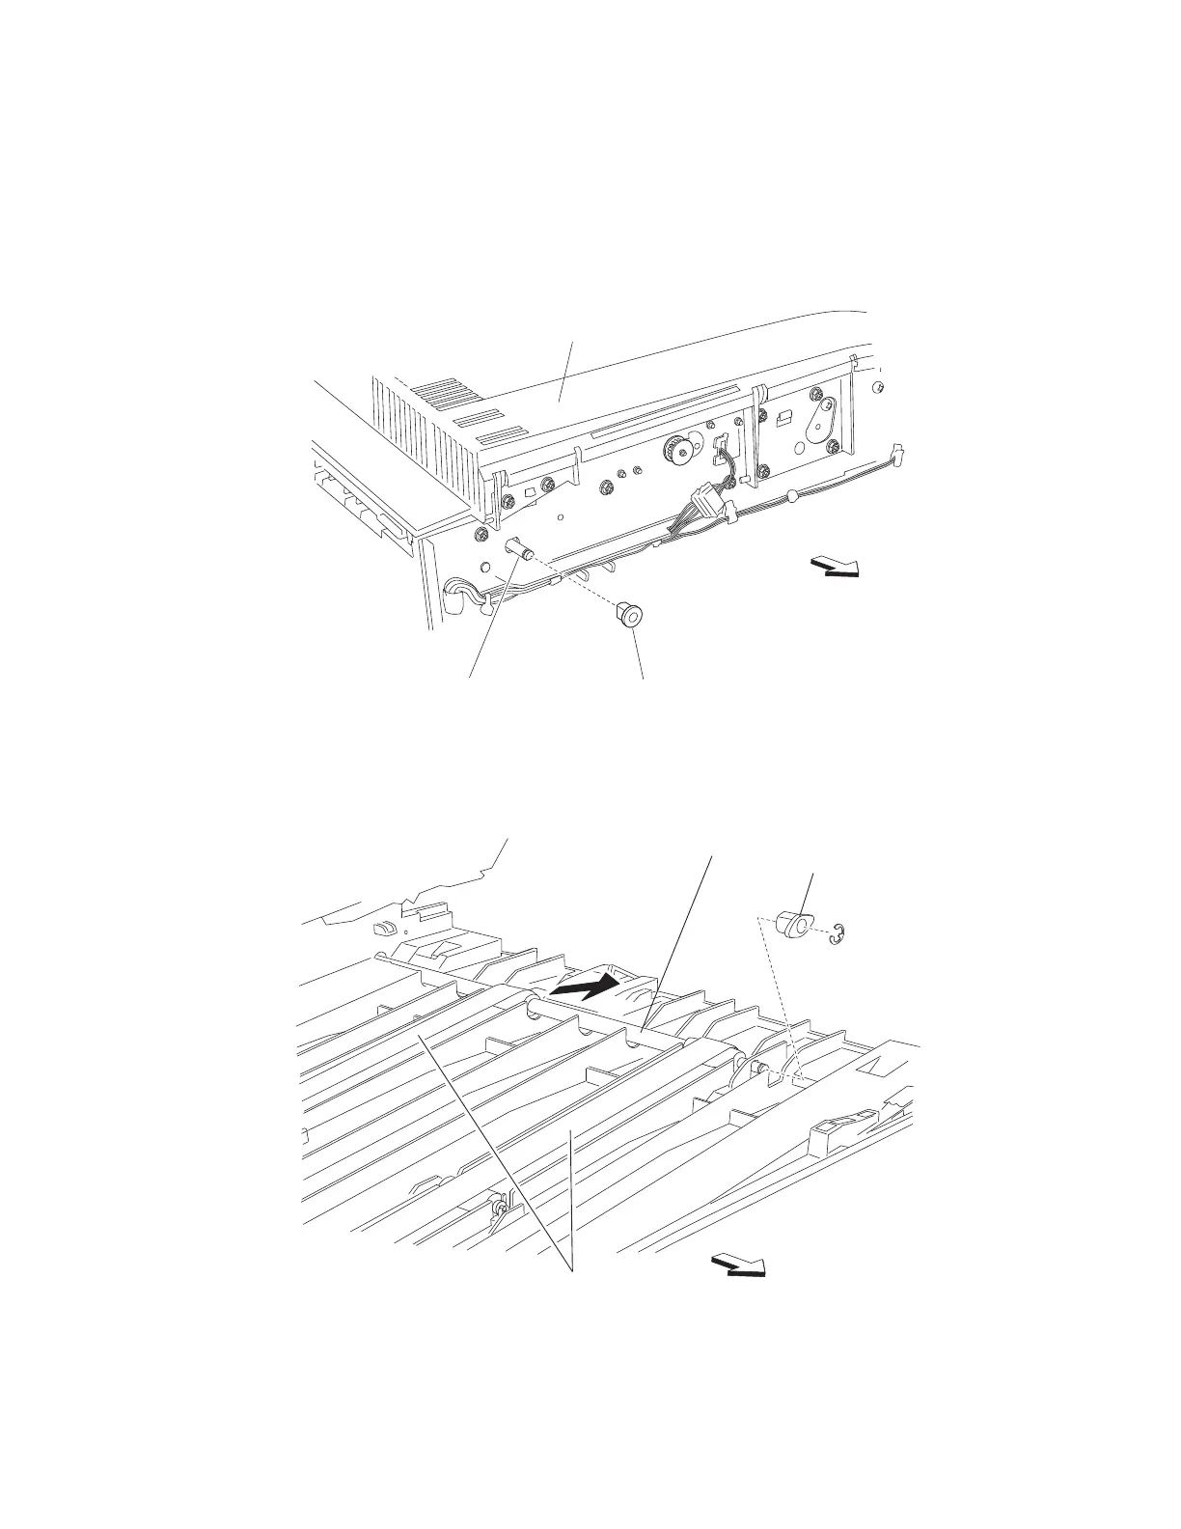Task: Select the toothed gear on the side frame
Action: [x=676, y=448]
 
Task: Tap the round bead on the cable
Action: [x=791, y=496]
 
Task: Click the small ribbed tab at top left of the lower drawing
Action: [x=382, y=927]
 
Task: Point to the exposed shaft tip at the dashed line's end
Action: [x=762, y=1067]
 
